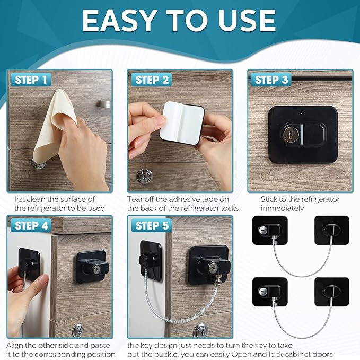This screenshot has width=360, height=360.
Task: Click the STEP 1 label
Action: [x=30, y=80]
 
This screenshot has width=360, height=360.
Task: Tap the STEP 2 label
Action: [x=152, y=80]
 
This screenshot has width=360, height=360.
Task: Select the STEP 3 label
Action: [x=271, y=80]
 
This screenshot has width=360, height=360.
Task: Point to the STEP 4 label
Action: [x=31, y=226]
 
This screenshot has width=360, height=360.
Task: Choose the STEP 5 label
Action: [x=152, y=226]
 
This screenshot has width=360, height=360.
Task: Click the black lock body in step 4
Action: [x=93, y=267]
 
